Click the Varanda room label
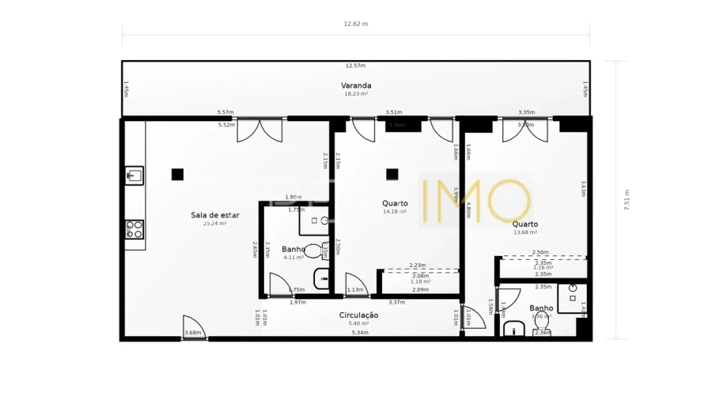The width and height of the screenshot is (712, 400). coord(356,85)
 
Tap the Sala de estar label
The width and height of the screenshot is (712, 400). coord(214,215)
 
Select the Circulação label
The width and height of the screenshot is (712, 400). coord(358,315)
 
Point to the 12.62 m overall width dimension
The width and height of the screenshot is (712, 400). coord(355,24)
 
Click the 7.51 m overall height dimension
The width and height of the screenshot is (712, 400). coord(627,200)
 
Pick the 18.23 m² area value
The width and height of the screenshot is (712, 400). coord(356,94)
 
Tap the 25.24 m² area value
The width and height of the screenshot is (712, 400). coord(214,224)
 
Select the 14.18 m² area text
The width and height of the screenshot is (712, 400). coord(395,212)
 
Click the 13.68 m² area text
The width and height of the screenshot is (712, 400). coord(525,232)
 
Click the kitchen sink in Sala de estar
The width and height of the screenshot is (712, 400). coord(134,175)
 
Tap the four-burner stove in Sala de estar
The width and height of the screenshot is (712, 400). coord(134,229)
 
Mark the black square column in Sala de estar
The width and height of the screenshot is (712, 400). coord(177,174)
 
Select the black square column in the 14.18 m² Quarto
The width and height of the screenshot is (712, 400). coord(392,174)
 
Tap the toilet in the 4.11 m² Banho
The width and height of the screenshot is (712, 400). coord(314,251)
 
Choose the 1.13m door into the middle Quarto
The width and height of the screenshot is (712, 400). coord(355,285)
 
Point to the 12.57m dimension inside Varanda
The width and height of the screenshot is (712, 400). coord(355,66)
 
